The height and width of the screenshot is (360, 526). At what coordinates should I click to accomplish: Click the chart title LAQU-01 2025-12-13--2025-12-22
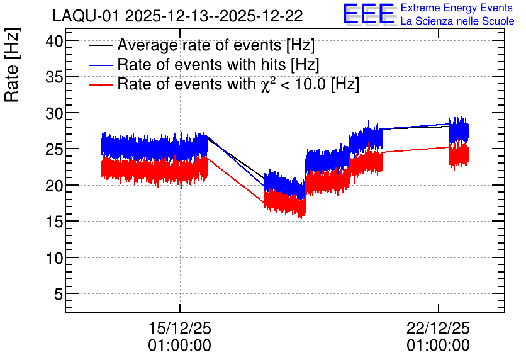coord(178,16)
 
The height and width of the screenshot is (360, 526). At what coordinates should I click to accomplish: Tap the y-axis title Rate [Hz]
coord(12,65)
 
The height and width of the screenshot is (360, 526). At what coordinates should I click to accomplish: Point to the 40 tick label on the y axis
coord(54,42)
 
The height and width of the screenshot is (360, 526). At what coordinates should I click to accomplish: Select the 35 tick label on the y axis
coord(54,77)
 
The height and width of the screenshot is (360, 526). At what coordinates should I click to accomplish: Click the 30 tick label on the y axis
coord(54,114)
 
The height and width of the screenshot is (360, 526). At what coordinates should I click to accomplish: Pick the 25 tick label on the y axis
coord(54,150)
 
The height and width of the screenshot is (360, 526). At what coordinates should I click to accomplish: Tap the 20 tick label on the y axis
coord(54,186)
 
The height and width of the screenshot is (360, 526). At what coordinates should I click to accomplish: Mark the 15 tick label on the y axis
coord(54,222)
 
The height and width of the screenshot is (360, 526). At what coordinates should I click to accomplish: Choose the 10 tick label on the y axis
coord(54,258)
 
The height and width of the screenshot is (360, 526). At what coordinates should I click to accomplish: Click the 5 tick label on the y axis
coord(59,295)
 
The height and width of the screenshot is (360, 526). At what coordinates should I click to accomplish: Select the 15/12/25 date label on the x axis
coord(180,328)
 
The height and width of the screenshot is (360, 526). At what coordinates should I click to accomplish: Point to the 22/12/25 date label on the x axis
coord(439,328)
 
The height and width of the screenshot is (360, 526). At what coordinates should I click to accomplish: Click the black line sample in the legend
coord(100,45)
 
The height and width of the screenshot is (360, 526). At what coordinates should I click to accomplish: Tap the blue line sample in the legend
coord(100,65)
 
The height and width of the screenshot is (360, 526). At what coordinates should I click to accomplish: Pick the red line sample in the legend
coord(100,84)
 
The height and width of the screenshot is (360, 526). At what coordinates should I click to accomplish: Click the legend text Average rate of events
coord(199,45)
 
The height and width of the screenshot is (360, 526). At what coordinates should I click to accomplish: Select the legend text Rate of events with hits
coord(201,64)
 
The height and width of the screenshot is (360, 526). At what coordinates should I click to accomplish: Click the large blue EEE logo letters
coord(368,14)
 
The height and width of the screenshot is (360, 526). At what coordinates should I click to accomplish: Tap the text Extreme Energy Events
coord(457,8)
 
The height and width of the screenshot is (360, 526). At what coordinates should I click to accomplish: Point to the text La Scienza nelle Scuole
coord(457,21)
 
